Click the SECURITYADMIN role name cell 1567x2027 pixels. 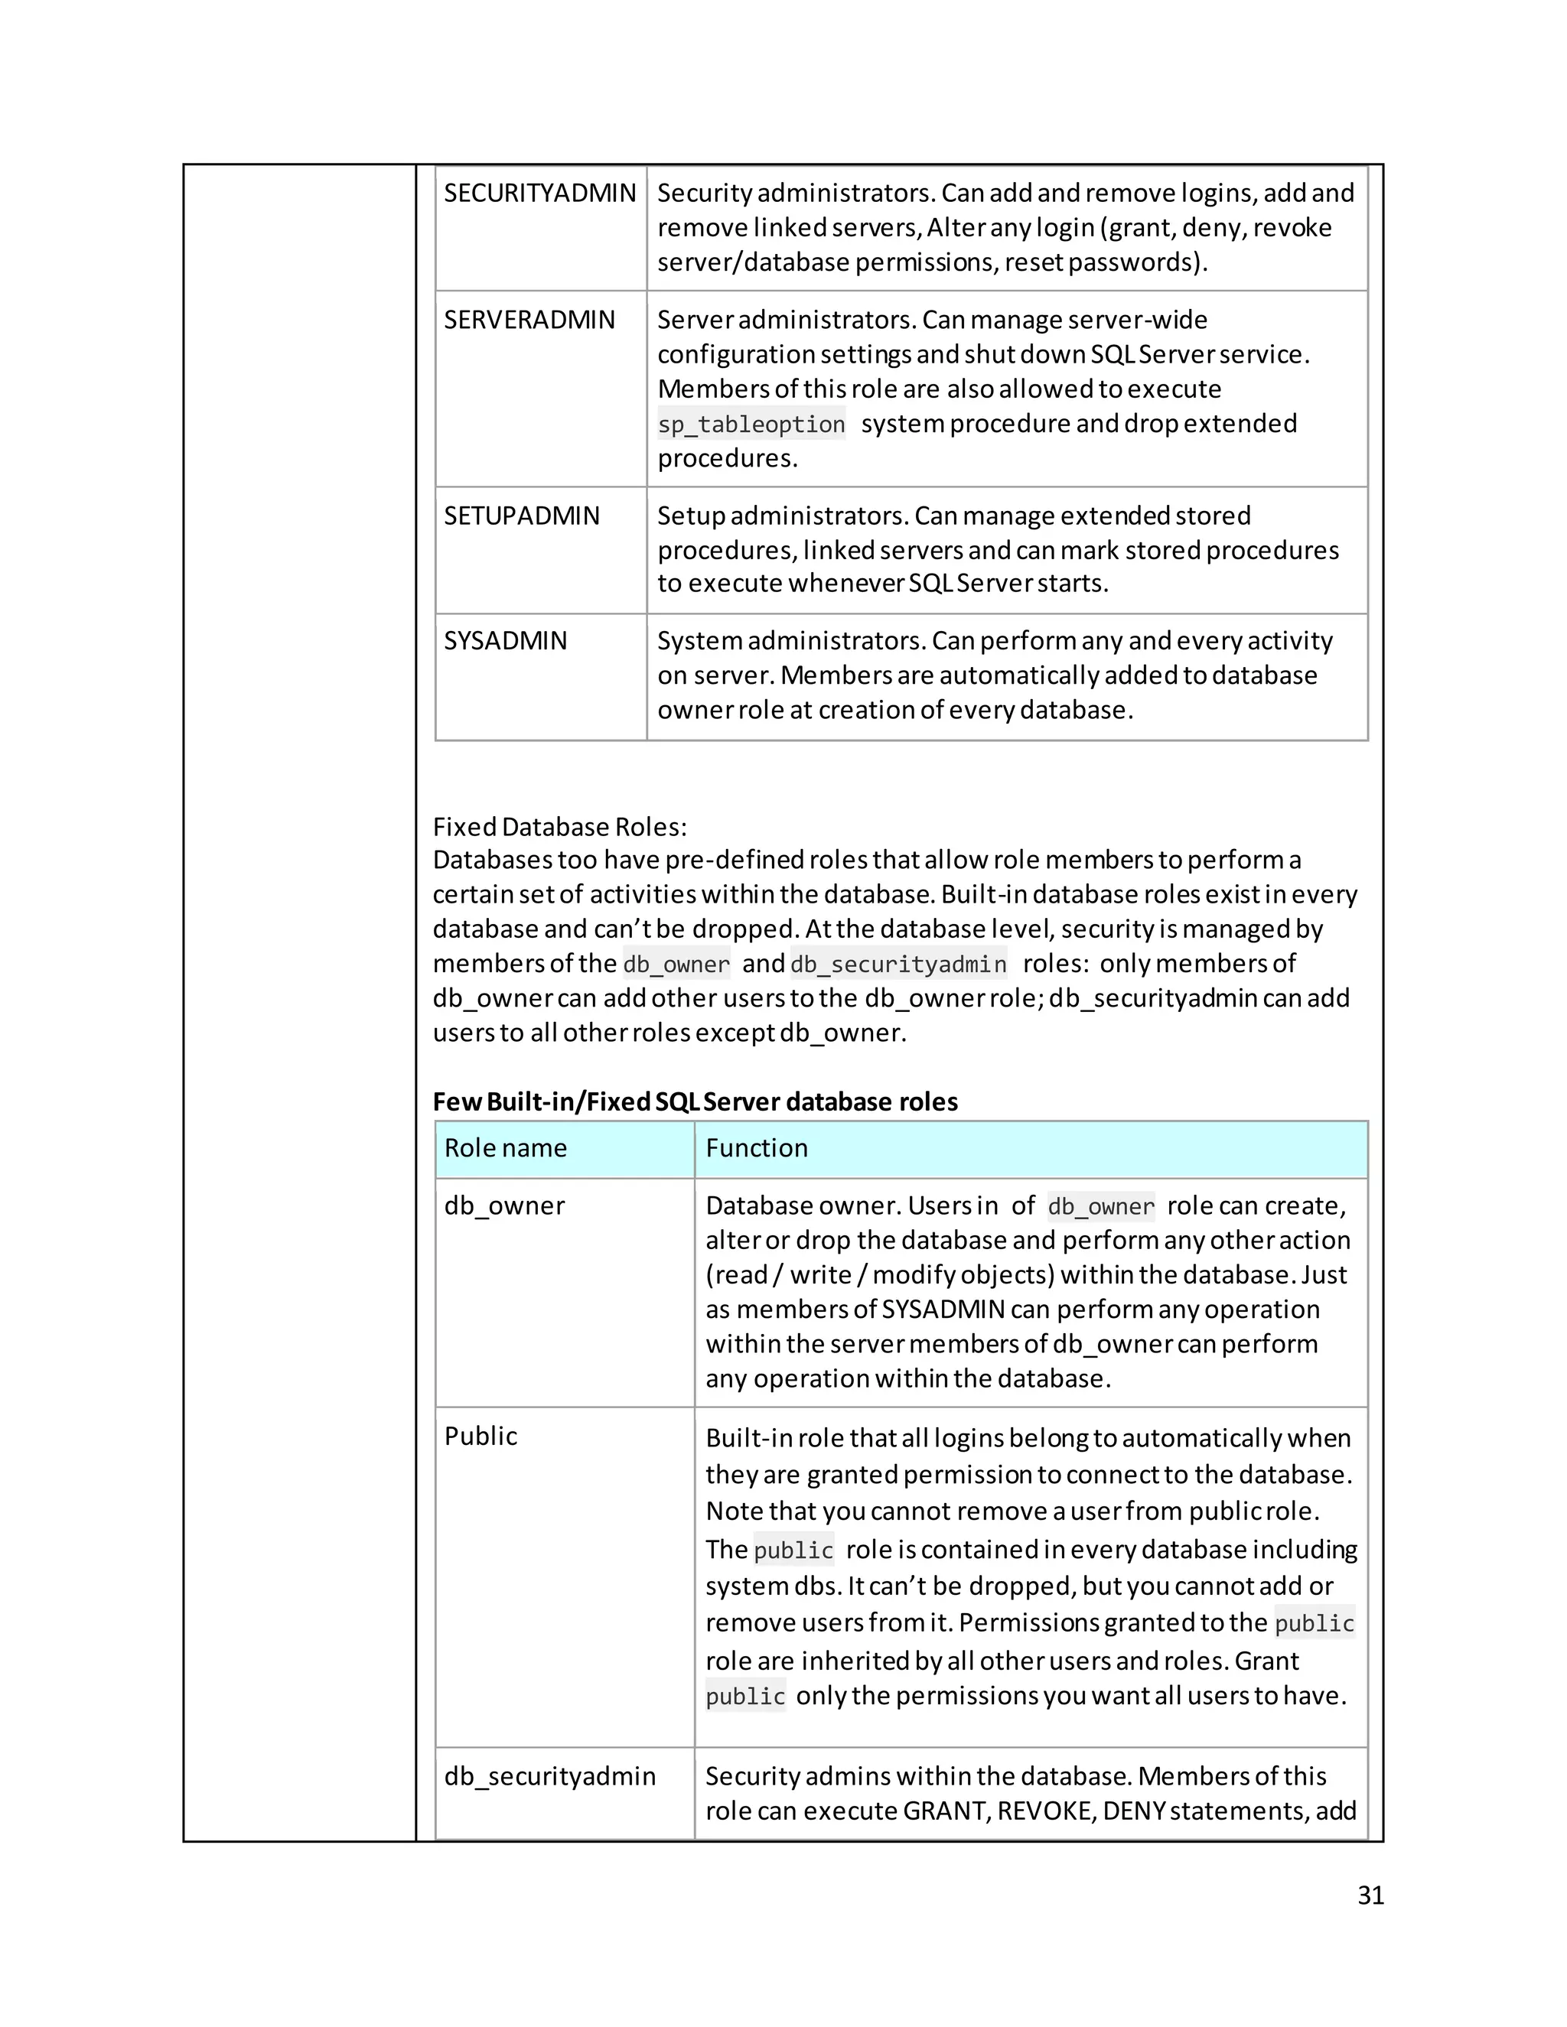[539, 193]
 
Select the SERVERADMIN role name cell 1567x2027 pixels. [529, 320]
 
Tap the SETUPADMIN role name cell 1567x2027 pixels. [522, 516]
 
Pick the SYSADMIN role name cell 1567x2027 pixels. [505, 641]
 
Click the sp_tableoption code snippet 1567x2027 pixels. [751, 425]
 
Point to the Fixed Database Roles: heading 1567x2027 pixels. [560, 827]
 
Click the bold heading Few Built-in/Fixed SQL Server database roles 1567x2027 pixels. [695, 1101]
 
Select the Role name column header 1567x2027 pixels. [505, 1148]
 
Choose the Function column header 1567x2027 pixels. [757, 1148]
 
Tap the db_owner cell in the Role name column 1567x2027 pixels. [504, 1205]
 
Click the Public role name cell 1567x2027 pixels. [480, 1436]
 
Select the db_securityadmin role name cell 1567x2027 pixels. [549, 1775]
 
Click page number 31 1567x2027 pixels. [1370, 1895]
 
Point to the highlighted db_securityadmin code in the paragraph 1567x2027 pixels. [898, 965]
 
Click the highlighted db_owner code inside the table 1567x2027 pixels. [1100, 1206]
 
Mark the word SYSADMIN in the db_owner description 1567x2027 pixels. [943, 1310]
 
